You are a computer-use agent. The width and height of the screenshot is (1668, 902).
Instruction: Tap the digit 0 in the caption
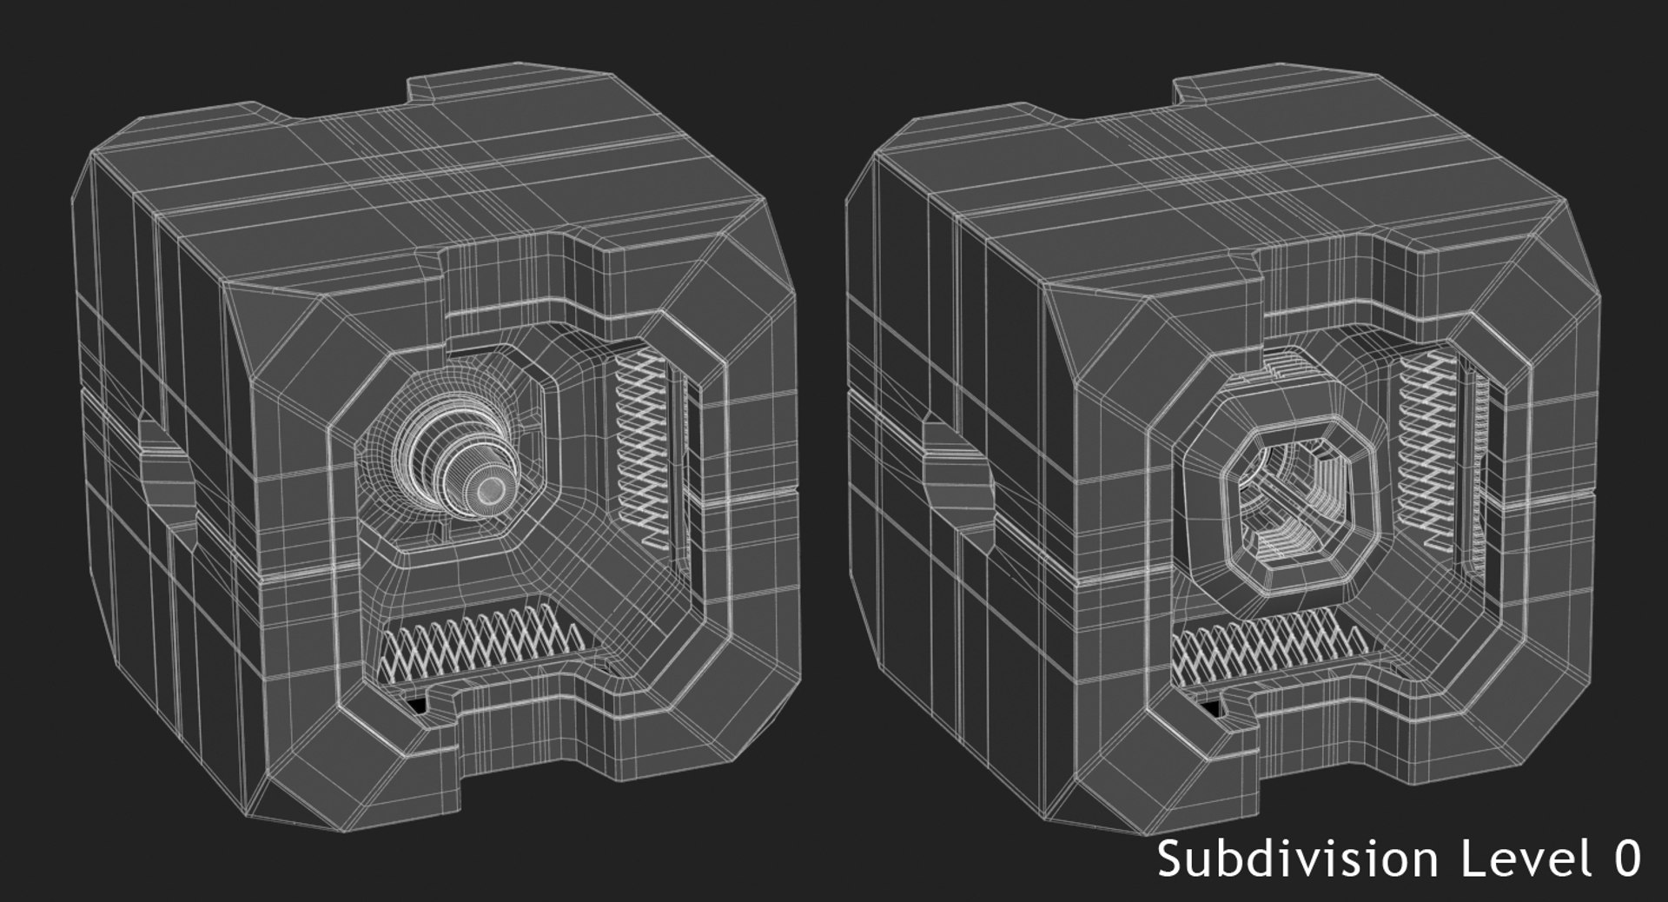(x=1625, y=859)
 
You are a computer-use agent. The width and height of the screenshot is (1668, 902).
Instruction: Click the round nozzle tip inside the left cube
(x=491, y=488)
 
